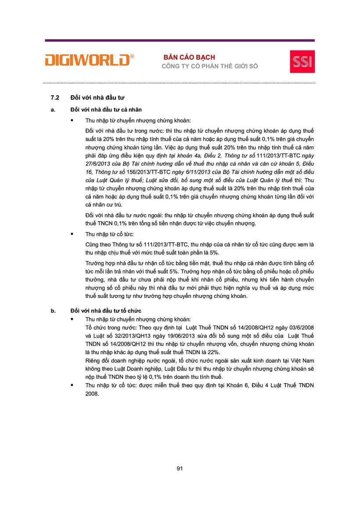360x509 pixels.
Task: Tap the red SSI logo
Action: pyautogui.click(x=302, y=61)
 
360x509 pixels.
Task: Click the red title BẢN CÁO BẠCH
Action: pyautogui.click(x=189, y=57)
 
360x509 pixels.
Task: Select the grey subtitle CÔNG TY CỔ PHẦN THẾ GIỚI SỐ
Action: pyautogui.click(x=210, y=66)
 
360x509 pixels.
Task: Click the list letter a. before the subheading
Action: pyautogui.click(x=53, y=109)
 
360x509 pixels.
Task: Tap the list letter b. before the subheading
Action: pyautogui.click(x=53, y=311)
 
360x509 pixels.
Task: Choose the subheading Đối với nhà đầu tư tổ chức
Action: pyautogui.click(x=106, y=311)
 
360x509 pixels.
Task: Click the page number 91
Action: pyautogui.click(x=180, y=469)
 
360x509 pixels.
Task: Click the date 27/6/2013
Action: pyautogui.click(x=99, y=164)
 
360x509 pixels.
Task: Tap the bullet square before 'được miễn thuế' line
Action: pyautogui.click(x=72, y=385)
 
